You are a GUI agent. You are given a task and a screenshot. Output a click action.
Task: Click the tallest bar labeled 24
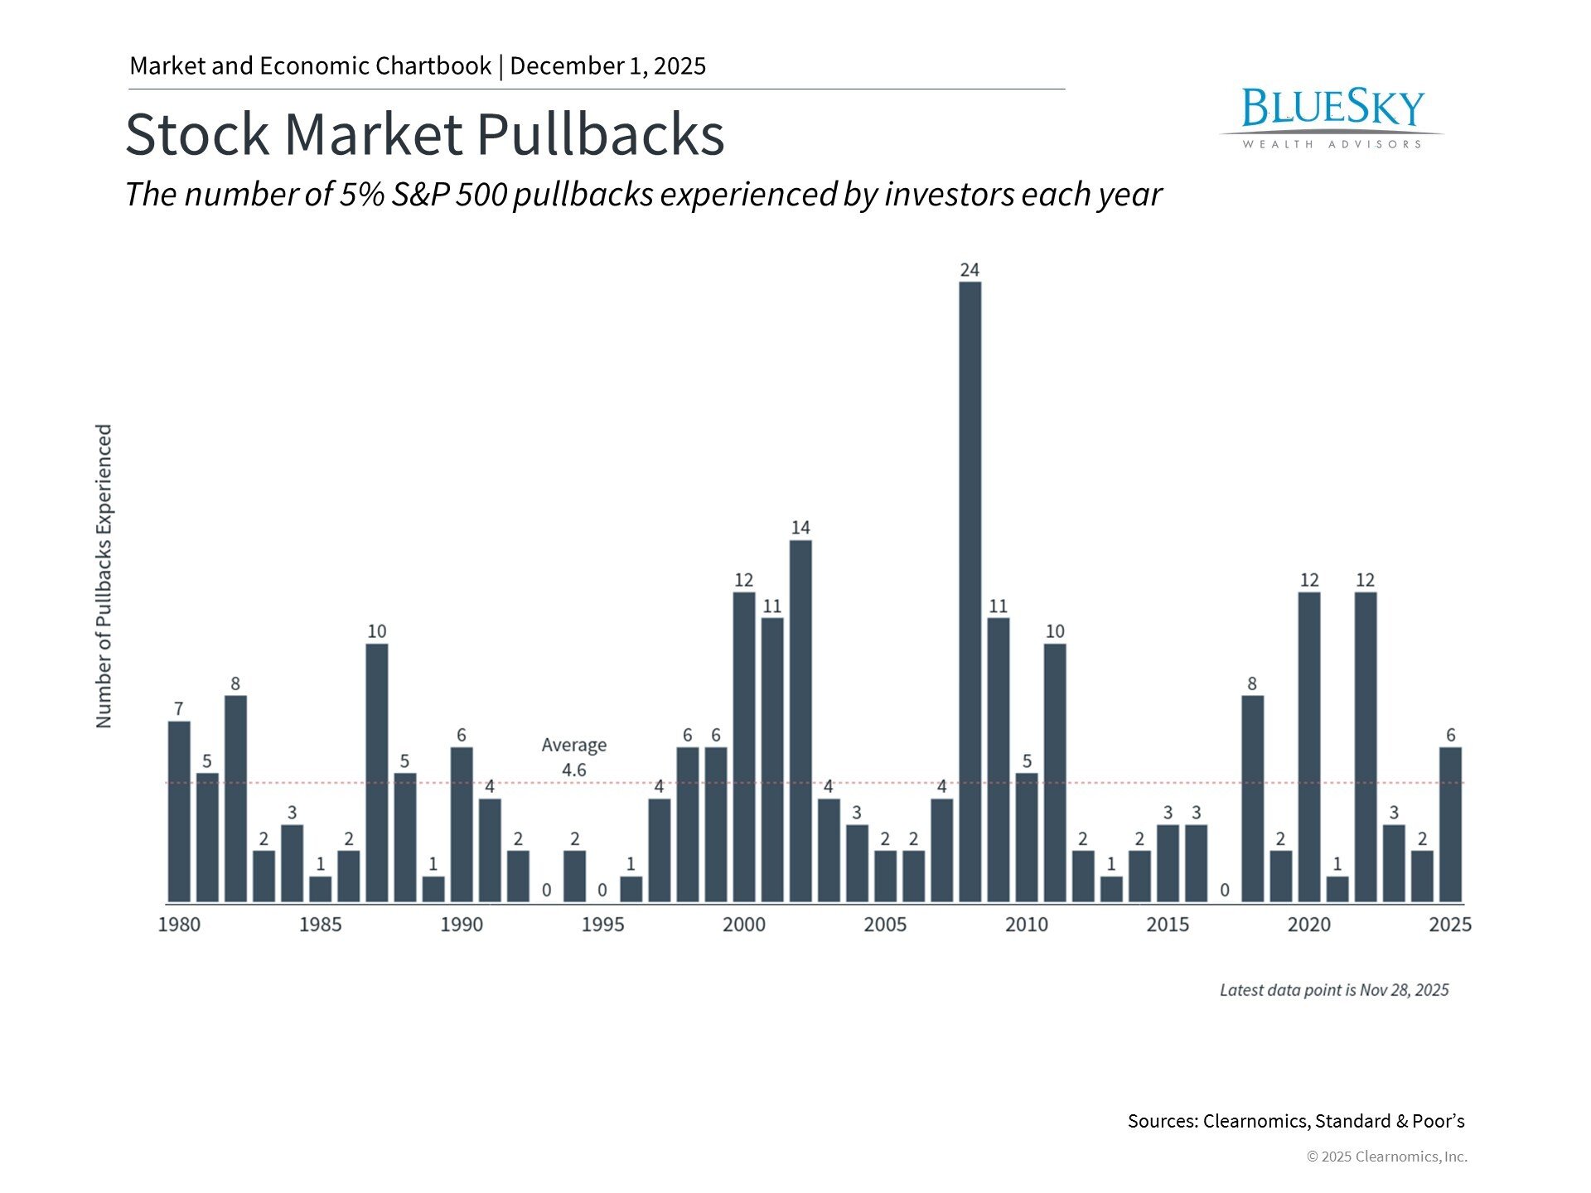pos(970,592)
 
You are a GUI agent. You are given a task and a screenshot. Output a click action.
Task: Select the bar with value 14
pos(800,721)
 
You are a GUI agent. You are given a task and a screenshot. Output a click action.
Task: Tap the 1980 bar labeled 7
pos(179,811)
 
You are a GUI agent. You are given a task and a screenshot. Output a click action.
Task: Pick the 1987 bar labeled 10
pos(377,772)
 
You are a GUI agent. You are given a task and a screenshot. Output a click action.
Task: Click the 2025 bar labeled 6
pos(1450,824)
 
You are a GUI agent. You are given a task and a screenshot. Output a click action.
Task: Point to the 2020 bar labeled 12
pos(1309,746)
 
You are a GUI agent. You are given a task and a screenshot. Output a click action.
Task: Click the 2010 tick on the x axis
pos(1026,925)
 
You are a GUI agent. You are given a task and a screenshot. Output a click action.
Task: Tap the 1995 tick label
pos(602,925)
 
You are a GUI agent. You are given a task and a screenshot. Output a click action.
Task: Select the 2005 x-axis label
pos(885,925)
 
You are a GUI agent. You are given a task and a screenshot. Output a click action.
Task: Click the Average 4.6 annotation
pos(573,757)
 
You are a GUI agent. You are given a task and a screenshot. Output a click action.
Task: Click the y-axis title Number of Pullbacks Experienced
pos(104,577)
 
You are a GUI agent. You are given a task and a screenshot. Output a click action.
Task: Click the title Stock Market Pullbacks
pos(424,134)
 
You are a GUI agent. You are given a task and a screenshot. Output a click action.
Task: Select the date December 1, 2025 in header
pos(607,66)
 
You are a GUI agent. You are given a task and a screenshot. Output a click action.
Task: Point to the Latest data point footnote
pos(1334,990)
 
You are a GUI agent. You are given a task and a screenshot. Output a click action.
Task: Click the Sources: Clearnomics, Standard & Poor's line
pos(1295,1121)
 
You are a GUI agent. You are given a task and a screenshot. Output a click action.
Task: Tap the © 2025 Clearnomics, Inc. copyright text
pos(1386,1157)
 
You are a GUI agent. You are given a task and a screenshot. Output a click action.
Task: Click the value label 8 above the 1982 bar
pos(235,683)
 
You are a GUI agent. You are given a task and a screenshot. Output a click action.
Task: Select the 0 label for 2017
pos(1224,891)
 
